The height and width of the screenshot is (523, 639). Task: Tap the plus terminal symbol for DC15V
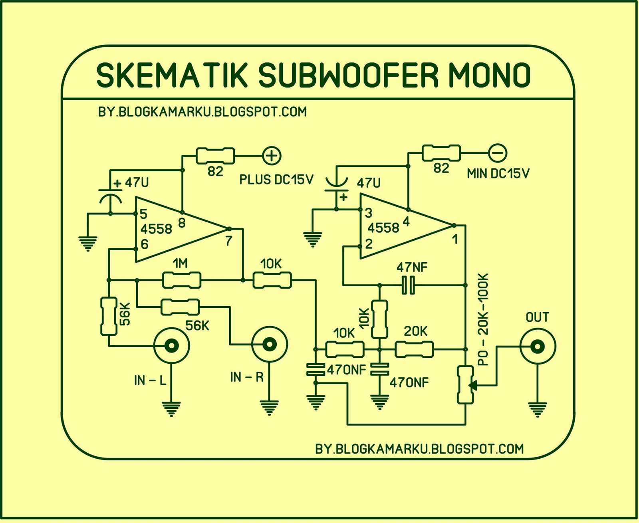(x=272, y=156)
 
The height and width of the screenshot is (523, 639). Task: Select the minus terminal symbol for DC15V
(x=498, y=153)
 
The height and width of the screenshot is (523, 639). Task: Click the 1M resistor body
(x=181, y=280)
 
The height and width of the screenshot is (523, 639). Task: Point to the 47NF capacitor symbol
(x=408, y=285)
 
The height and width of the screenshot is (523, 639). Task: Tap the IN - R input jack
(x=270, y=344)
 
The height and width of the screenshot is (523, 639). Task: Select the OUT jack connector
(x=538, y=346)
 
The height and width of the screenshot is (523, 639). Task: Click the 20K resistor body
(x=414, y=349)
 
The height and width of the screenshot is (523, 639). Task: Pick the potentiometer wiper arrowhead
(x=473, y=385)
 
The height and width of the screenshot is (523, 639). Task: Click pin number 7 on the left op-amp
(x=228, y=241)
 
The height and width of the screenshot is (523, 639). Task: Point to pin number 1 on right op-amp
(x=454, y=240)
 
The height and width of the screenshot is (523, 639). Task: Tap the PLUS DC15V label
(x=276, y=180)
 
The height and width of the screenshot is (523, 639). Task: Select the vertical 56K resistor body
(x=108, y=316)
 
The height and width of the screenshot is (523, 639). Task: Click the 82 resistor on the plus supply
(x=215, y=156)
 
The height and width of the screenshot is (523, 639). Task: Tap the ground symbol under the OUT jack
(x=538, y=409)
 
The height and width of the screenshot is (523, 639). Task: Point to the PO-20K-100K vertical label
(x=483, y=319)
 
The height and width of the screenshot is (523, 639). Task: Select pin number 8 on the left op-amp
(x=182, y=223)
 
